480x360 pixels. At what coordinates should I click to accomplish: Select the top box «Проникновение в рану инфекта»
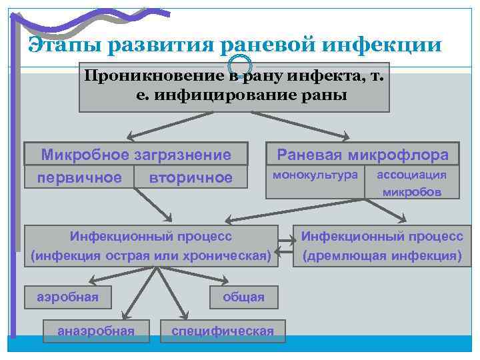click(x=234, y=87)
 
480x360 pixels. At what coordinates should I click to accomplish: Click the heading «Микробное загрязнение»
click(x=136, y=155)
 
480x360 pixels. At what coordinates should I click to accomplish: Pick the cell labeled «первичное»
click(x=79, y=177)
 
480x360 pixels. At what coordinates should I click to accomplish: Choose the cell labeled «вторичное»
click(x=191, y=177)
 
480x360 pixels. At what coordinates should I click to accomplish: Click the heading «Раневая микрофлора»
click(x=363, y=155)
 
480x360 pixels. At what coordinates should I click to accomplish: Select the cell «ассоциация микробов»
click(x=411, y=183)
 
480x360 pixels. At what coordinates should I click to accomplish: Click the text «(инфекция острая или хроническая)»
click(x=151, y=255)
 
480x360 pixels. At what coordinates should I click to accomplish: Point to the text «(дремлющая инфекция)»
click(x=382, y=255)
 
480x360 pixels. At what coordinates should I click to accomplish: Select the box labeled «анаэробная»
click(x=97, y=331)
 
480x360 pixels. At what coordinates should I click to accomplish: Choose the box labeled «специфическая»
click(x=223, y=331)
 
